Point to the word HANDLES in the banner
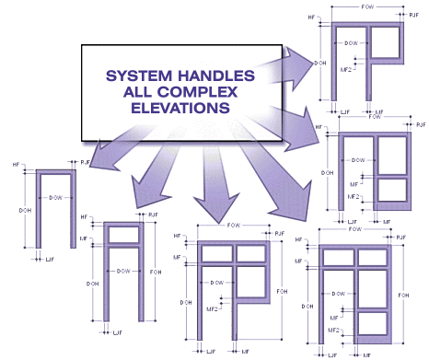(x=202, y=75)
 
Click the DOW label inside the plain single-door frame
(x=55, y=198)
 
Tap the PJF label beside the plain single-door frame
(x=86, y=162)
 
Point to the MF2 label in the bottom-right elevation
(x=335, y=329)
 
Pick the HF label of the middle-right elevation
(x=319, y=126)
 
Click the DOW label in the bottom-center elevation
(x=217, y=282)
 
